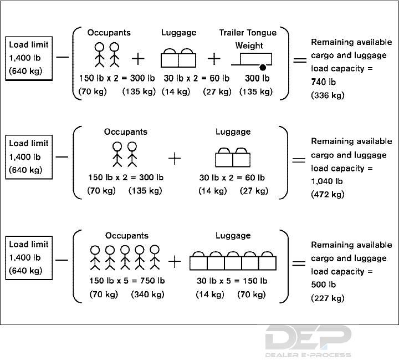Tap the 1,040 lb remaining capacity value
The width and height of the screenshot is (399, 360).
326,181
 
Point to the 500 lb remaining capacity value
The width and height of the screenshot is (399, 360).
323,285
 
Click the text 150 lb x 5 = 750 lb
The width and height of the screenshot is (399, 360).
127,281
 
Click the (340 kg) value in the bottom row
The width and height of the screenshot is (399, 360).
147,294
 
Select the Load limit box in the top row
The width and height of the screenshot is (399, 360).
29,58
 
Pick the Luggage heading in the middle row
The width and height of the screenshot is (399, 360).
233,132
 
